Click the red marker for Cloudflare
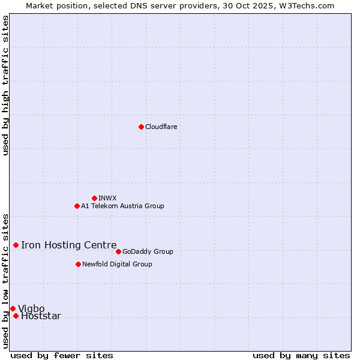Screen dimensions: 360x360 141,127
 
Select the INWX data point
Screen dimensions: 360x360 94,198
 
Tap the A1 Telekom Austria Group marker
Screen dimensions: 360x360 77,206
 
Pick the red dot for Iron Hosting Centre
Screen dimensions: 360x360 16,245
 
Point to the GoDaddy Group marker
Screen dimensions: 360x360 118,251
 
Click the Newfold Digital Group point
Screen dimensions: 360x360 78,264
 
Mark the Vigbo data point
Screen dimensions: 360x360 13,308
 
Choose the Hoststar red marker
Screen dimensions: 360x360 16,316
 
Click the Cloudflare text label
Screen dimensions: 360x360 161,127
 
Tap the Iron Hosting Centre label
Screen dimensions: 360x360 68,245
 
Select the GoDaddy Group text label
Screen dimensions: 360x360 148,251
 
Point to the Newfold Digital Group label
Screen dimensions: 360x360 117,264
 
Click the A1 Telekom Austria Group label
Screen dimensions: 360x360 122,206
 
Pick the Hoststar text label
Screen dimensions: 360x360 41,316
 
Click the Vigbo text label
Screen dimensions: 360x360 31,308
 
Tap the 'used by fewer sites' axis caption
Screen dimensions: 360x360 62,355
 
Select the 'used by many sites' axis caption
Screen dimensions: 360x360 301,355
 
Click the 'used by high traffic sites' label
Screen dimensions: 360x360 6,86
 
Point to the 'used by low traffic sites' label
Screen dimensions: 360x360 6,280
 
